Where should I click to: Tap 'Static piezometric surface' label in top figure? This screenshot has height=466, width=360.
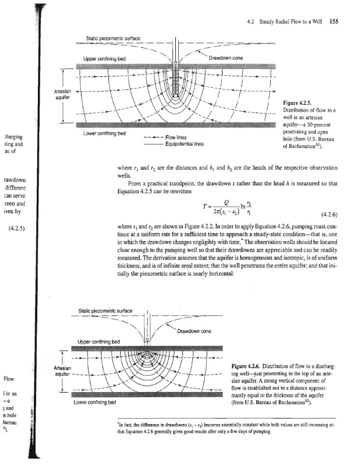[x=112, y=38]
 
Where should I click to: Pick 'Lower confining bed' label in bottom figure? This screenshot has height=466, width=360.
[x=94, y=402]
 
